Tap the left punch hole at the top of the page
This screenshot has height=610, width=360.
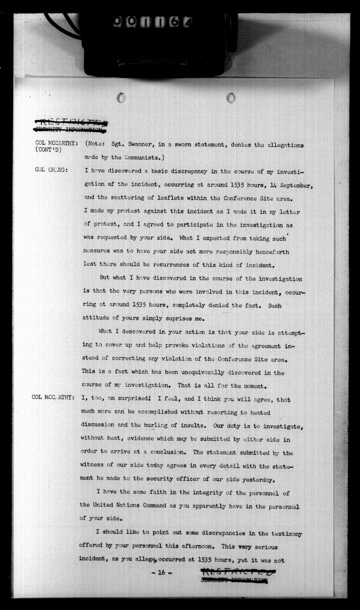pos(121,97)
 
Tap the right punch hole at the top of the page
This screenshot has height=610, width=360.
pos(231,98)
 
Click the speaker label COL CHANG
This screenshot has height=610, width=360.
pos(51,171)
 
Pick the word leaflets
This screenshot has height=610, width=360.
pos(160,198)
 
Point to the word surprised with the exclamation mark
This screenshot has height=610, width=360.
pos(137,399)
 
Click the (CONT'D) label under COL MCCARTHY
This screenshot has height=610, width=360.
pos(49,150)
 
